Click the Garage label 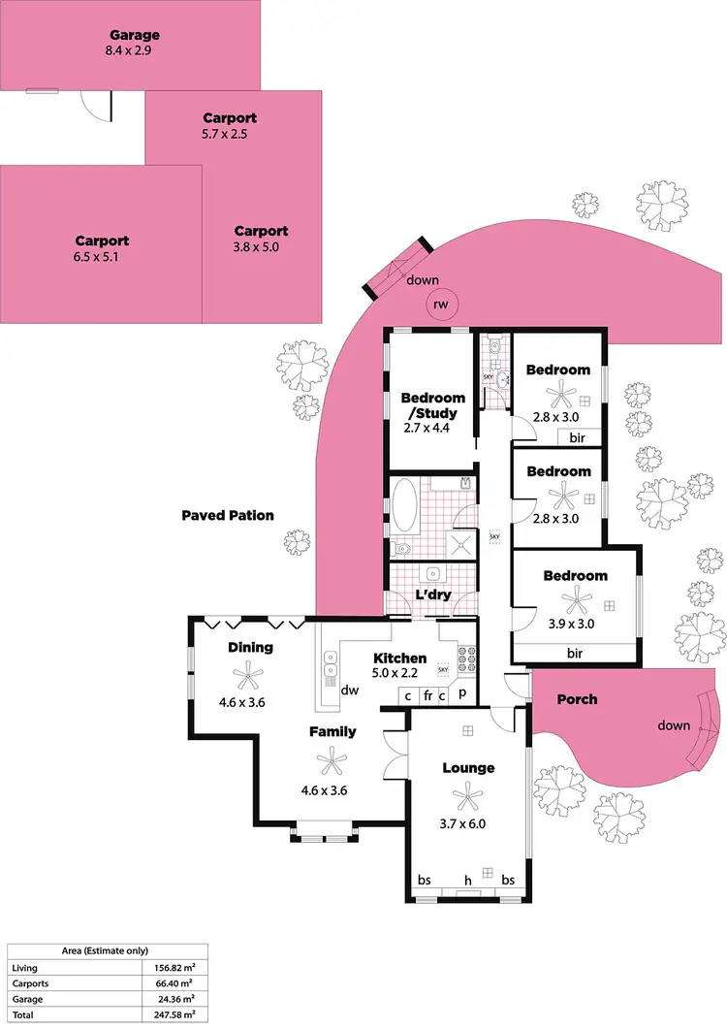tap(135, 36)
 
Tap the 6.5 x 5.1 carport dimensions tap(102, 258)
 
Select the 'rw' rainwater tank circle tap(442, 305)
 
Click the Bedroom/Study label tap(432, 405)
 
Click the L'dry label tap(432, 595)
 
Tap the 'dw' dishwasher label tap(351, 691)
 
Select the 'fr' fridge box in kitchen tap(427, 695)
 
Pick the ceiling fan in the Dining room tap(250, 672)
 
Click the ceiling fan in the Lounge tap(468, 797)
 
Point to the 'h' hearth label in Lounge tap(467, 880)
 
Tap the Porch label tap(577, 699)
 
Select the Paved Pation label tap(228, 515)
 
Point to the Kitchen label tap(400, 659)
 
